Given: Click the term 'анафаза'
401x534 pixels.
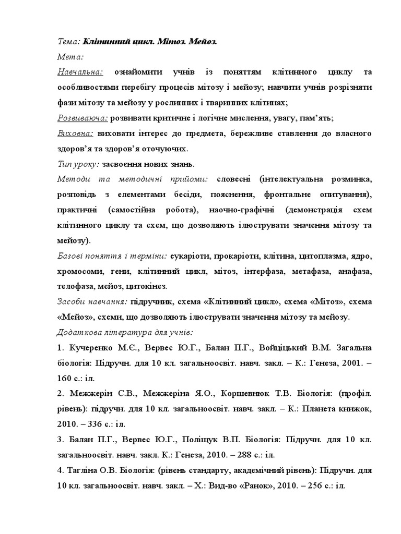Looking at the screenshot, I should click(x=354, y=271).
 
